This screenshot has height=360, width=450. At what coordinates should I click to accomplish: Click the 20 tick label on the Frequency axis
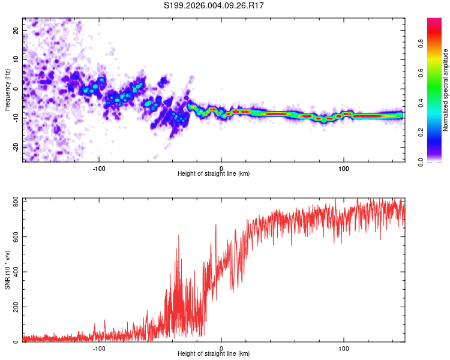coord(17,30)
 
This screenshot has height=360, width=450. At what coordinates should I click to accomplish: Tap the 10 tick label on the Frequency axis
coord(17,59)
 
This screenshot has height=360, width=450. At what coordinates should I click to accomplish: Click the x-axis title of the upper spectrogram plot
coord(214,174)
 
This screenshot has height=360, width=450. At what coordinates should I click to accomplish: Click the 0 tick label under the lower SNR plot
coord(221,348)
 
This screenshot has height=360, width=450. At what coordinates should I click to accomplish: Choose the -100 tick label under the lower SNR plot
coord(100,348)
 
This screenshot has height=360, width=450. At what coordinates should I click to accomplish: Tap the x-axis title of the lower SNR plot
coord(214,355)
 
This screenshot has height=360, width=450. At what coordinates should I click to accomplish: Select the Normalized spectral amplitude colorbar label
coord(446,90)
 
